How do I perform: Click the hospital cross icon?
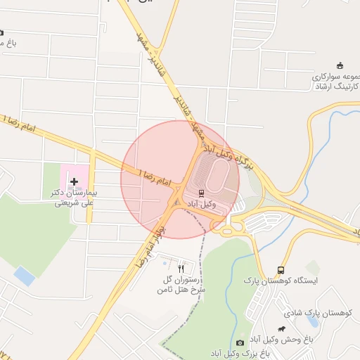pyautogui.click(x=74, y=181)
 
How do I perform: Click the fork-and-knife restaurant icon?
pyautogui.click(x=181, y=268)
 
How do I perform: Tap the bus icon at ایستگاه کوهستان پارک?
pyautogui.click(x=281, y=270)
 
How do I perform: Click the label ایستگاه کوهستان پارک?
pyautogui.click(x=278, y=281)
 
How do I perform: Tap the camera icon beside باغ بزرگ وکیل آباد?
pyautogui.click(x=240, y=342)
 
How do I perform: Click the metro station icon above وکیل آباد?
pyautogui.click(x=202, y=193)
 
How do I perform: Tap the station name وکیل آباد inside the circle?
pyautogui.click(x=201, y=204)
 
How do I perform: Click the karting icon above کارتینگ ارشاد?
pyautogui.click(x=340, y=65)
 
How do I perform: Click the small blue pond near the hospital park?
pyautogui.click(x=25, y=276)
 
